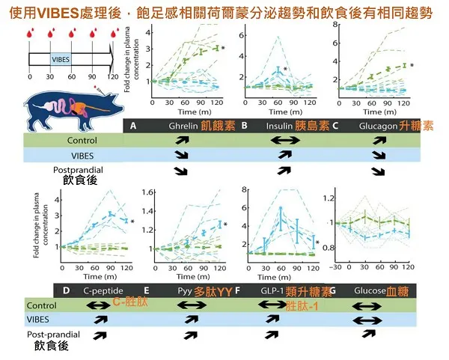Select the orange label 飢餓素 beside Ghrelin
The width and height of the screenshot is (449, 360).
point(219,126)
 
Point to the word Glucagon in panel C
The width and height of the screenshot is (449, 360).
point(379,126)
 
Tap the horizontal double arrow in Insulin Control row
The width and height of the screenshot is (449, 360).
point(285,141)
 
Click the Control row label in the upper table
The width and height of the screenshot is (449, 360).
point(82,141)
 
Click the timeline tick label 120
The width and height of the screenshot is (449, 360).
point(112,76)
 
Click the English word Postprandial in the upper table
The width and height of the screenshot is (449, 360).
point(76,170)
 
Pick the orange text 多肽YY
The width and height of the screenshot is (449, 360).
point(214,290)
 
